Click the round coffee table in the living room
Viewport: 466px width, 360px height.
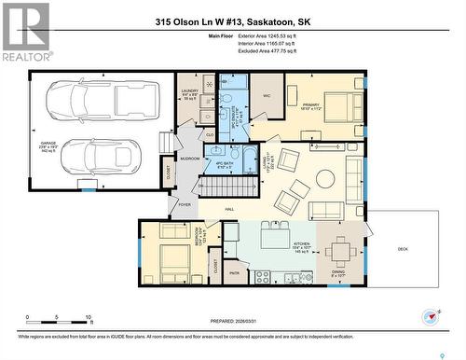(325, 178)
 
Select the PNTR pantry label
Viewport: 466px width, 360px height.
(234, 273)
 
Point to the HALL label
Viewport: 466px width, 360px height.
(229, 210)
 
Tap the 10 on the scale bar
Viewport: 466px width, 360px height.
(87, 318)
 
